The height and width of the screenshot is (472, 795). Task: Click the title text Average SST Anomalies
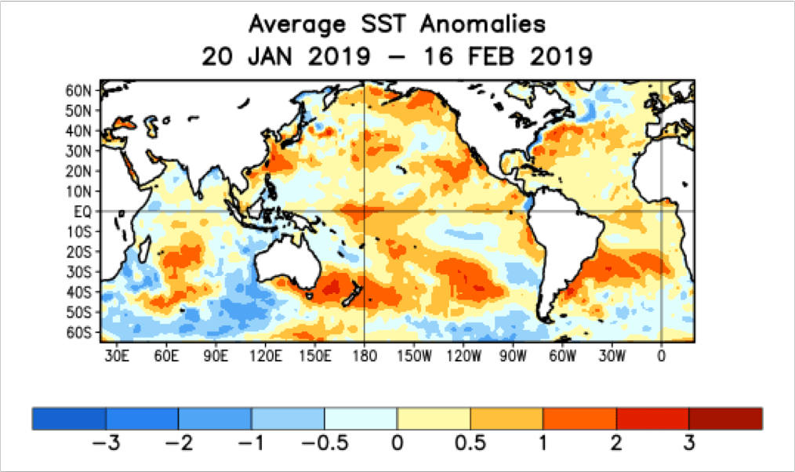point(397,24)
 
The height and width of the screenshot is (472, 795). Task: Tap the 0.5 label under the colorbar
point(470,442)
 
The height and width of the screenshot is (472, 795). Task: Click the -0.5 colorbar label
point(324,442)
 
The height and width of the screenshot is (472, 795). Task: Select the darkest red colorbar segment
point(725,419)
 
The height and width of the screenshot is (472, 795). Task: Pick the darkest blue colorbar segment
point(69,419)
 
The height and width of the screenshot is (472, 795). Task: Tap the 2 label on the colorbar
point(615,442)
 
